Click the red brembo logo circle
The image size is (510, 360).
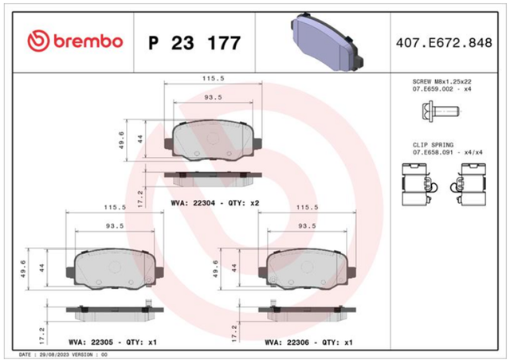pyautogui.click(x=38, y=41)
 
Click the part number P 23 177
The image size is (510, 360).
pyautogui.click(x=194, y=43)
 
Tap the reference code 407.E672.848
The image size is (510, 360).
pyautogui.click(x=444, y=43)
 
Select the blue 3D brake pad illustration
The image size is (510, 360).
pyautogui.click(x=327, y=42)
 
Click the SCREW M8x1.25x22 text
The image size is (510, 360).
pyautogui.click(x=441, y=81)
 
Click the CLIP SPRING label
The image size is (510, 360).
pyautogui.click(x=433, y=145)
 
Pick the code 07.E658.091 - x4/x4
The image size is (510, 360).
pyautogui.click(x=448, y=152)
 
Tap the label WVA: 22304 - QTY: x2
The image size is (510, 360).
pyautogui.click(x=215, y=203)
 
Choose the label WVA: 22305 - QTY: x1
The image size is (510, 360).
pyautogui.click(x=113, y=342)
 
